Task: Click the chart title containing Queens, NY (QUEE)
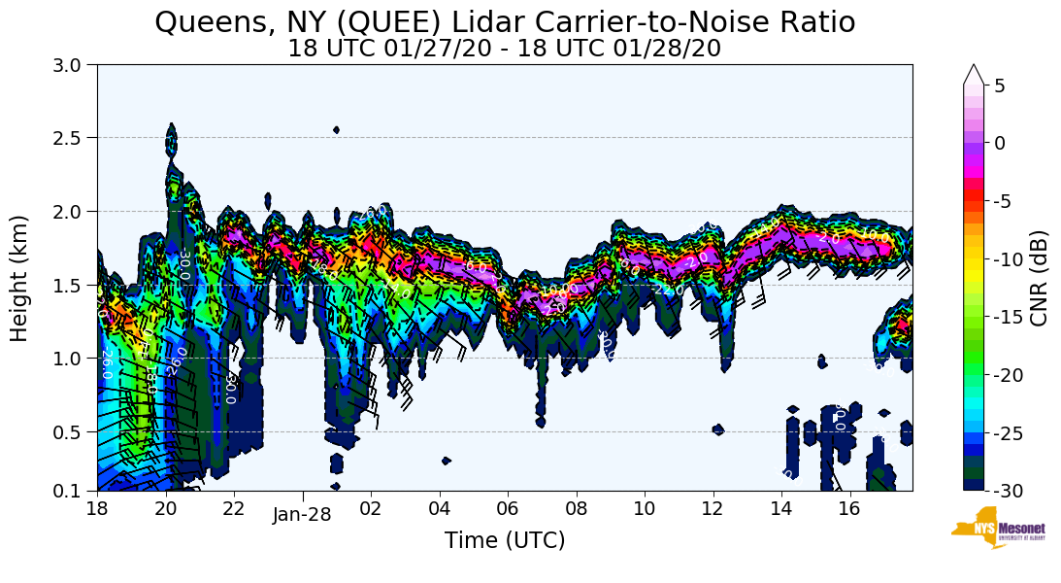505,21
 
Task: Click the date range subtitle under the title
505,49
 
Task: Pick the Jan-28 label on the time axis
302,515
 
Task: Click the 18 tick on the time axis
97,508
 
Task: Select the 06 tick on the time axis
508,508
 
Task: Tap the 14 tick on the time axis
781,508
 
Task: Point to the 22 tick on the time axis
234,508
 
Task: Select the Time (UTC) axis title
505,540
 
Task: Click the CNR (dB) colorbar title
1039,278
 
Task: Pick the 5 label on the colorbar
1000,86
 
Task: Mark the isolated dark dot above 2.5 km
336,129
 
